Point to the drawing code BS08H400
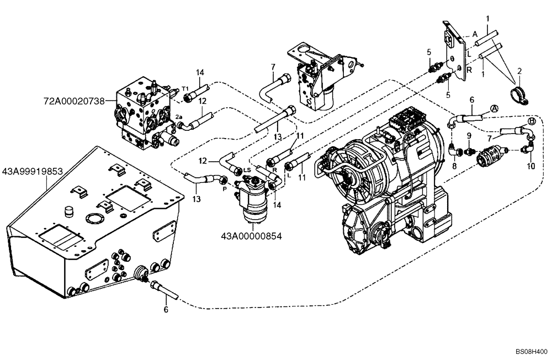pyautogui.click(x=531, y=351)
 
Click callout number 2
pyautogui.click(x=519, y=72)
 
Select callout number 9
pyautogui.click(x=469, y=135)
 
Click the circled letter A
pyautogui.click(x=494, y=109)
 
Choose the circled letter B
pyautogui.click(x=532, y=121)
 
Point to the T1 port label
pyautogui.click(x=185, y=89)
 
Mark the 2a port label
pyautogui.click(x=179, y=117)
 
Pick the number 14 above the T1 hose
pyautogui.click(x=200, y=72)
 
